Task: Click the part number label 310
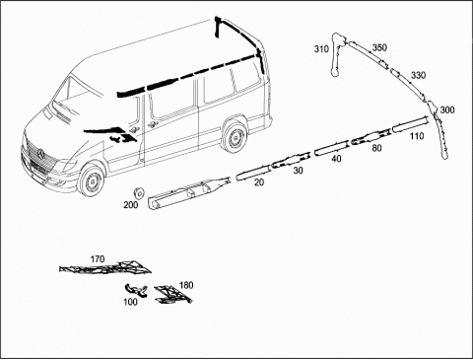pos(321,49)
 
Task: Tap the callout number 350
pos(379,47)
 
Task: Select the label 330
pos(418,75)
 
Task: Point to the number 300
pos(447,109)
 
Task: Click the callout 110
pos(417,136)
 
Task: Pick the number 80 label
pos(376,148)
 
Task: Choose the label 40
pos(336,159)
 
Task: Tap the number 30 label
pos(299,171)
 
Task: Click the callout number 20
pos(259,182)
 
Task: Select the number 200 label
pos(131,205)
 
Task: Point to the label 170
pos(98,259)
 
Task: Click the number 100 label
pos(130,302)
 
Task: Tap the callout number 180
pos(186,285)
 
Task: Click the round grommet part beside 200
pos(139,193)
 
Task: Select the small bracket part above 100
pos(135,290)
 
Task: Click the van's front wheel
pos(91,180)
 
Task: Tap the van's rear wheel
pos(235,136)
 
